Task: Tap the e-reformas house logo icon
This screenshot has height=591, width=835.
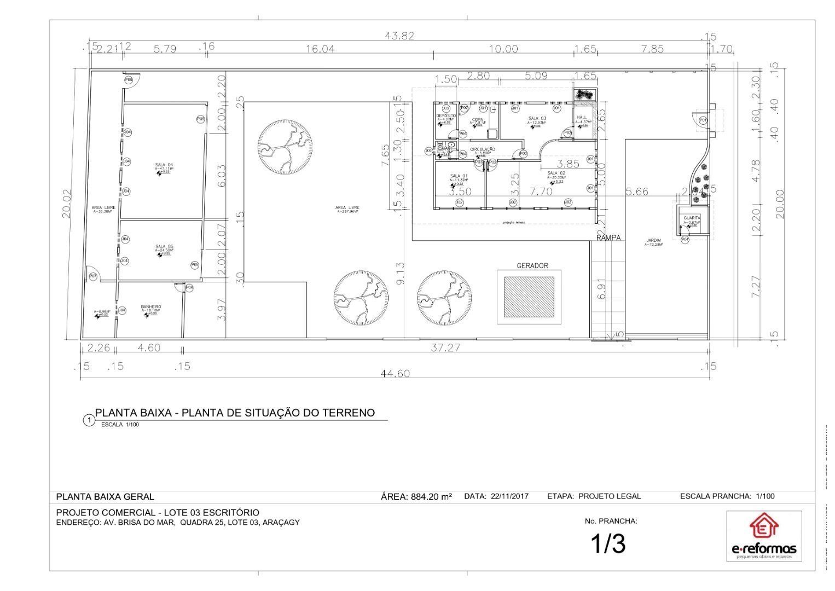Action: click(763, 526)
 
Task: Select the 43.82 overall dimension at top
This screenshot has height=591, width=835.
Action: click(399, 36)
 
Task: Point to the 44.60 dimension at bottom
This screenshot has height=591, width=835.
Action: click(395, 373)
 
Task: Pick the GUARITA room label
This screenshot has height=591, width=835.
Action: click(692, 218)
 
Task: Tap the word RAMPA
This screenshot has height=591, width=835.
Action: click(608, 238)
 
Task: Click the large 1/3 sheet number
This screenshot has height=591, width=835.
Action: click(607, 543)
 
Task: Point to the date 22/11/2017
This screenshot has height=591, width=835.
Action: click(509, 496)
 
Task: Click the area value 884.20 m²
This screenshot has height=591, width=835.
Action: click(431, 497)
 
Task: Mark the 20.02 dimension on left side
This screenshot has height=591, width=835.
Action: click(67, 204)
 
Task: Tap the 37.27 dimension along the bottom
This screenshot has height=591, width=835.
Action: click(445, 347)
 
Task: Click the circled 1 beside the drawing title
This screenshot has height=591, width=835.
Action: click(88, 420)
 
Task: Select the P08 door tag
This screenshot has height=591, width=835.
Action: click(129, 80)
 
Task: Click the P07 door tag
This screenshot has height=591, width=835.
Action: click(93, 277)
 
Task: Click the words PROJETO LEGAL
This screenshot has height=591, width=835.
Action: click(609, 496)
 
